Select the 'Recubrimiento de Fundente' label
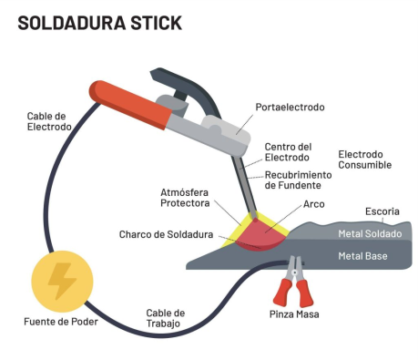click(x=296, y=180)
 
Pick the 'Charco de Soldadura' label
click(x=166, y=234)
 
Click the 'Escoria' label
click(x=382, y=212)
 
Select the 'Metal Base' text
click(x=362, y=256)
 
